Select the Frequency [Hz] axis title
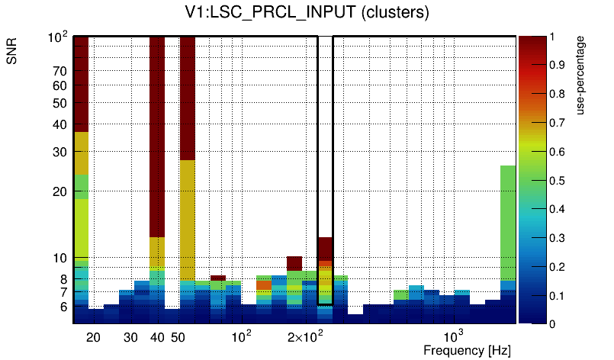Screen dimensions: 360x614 (467, 350)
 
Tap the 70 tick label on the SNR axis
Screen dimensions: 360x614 (59, 71)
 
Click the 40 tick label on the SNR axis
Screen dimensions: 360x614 (59, 124)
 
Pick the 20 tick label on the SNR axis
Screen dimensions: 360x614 (59, 191)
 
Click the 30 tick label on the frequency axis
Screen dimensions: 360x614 (130, 337)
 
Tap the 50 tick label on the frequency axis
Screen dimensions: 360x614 (178, 337)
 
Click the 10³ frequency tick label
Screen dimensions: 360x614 (453, 336)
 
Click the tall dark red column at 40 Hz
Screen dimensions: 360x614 (157, 137)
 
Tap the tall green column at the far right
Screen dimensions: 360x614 (508, 221)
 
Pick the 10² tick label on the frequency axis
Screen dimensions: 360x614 (241, 336)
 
